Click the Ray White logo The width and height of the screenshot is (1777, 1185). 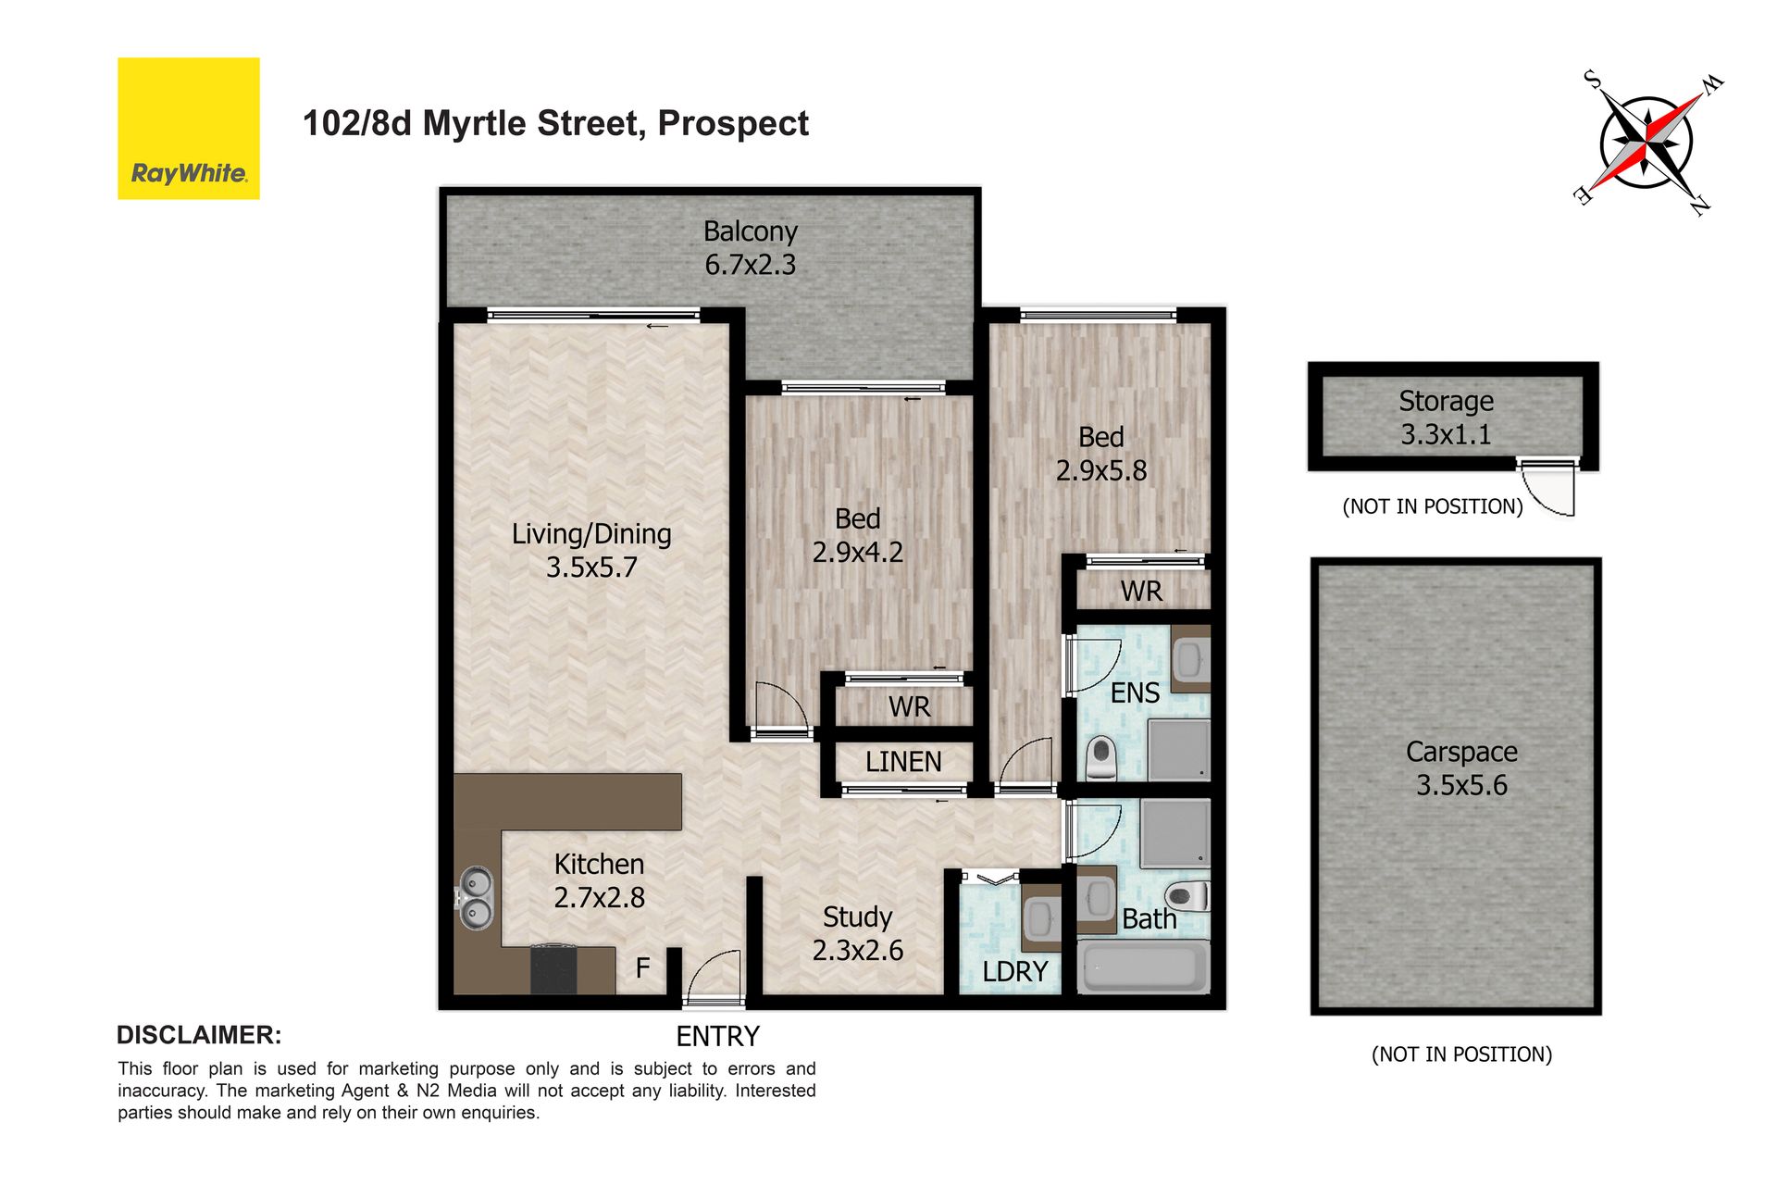click(x=188, y=129)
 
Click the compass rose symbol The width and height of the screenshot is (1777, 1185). click(x=1647, y=143)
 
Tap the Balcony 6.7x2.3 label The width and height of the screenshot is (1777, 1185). click(x=750, y=248)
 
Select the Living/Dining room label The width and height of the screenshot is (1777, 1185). click(x=591, y=550)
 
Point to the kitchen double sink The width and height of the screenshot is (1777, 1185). click(x=476, y=898)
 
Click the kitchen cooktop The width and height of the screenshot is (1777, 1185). click(x=553, y=968)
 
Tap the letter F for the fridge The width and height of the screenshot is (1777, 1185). click(x=642, y=968)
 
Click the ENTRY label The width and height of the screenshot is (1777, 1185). click(x=717, y=1036)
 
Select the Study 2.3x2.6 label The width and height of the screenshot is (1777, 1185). click(x=857, y=933)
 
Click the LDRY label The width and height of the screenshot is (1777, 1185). click(x=1015, y=972)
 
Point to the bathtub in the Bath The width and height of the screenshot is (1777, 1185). click(x=1144, y=967)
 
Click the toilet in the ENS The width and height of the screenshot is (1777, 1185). click(x=1100, y=758)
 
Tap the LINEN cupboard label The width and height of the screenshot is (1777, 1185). click(x=903, y=762)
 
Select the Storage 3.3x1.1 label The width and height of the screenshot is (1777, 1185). click(x=1446, y=418)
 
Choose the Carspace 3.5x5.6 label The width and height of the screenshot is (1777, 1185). click(x=1461, y=768)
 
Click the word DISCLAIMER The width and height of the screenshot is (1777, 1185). click(x=199, y=1035)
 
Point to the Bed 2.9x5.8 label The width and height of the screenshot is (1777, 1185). click(x=1101, y=454)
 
